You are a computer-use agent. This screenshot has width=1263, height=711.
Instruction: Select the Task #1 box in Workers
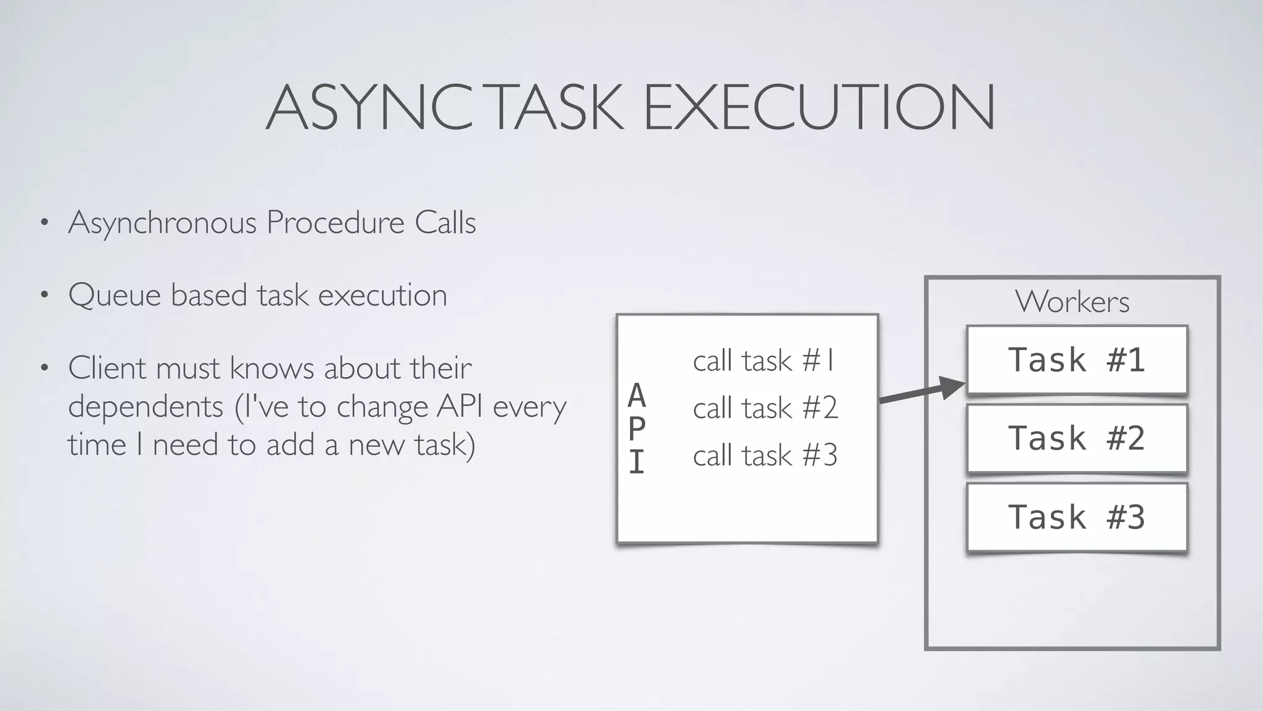1077,360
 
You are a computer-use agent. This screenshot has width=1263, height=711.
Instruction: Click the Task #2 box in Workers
1077,438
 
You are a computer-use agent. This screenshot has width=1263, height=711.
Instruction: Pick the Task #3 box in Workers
1077,517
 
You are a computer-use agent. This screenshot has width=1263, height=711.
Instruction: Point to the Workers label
1072,302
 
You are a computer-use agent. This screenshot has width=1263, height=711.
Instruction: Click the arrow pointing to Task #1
921,393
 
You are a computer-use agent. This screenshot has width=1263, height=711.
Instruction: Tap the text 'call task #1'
764,360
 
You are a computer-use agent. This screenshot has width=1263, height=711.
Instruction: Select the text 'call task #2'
765,408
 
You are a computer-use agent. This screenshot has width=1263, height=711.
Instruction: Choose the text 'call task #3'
765,455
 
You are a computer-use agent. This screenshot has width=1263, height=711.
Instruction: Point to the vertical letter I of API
637,462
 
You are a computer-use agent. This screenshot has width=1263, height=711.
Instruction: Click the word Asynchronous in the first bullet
162,223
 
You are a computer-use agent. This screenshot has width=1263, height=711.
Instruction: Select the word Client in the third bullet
107,368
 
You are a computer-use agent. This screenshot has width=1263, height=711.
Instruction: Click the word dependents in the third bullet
146,407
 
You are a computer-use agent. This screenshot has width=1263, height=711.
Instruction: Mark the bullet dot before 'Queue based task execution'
44,296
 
